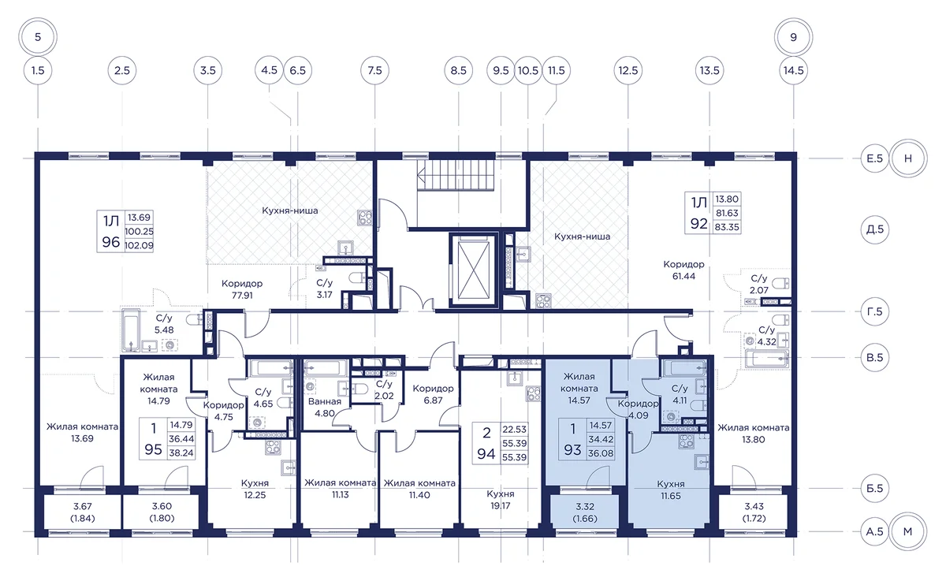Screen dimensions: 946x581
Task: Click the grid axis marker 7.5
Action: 374,70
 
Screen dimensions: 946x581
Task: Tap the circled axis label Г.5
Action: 874,311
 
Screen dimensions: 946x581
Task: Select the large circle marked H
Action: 908,158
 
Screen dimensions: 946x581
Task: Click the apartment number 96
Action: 111,242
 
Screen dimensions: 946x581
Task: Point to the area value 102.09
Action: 139,245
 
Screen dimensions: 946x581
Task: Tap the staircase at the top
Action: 456,176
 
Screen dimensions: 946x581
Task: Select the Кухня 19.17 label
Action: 501,500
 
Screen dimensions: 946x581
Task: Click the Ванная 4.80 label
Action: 324,407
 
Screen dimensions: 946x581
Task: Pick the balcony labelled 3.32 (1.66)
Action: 585,512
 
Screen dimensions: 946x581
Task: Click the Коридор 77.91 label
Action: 242,289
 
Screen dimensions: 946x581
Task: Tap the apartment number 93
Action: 572,450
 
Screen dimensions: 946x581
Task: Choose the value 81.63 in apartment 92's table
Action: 727,213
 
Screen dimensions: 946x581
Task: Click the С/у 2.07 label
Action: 759,284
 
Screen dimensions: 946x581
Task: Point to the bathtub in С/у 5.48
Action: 131,330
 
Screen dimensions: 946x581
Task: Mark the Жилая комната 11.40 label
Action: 419,489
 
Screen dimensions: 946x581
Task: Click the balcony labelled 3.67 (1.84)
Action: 82,512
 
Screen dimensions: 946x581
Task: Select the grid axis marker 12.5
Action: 628,70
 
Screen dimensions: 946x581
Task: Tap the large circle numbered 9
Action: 794,37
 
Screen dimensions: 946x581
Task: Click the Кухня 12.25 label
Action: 255,489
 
